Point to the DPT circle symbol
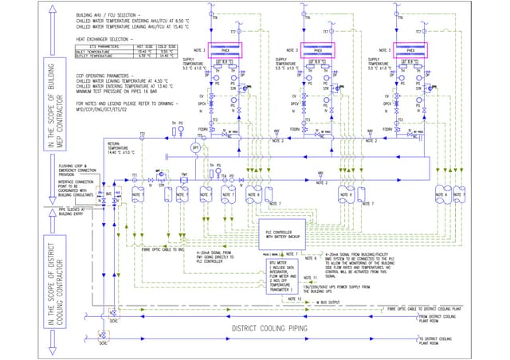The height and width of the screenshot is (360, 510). point(194,148)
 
